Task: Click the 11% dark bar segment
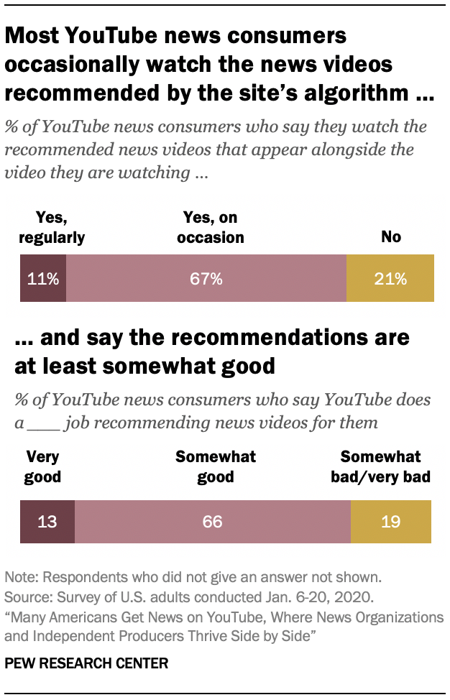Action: tap(43, 278)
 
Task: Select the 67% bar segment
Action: tap(206, 278)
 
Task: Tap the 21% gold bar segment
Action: tap(390, 278)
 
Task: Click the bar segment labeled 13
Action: tap(47, 520)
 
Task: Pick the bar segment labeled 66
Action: tap(212, 520)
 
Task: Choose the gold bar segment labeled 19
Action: tap(390, 520)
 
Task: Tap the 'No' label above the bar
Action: tap(391, 236)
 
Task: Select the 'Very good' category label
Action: tap(42, 466)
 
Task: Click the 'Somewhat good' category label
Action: tap(216, 466)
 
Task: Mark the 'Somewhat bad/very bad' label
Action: tap(385, 466)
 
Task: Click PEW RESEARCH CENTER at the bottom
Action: tap(86, 663)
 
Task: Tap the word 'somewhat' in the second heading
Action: tap(159, 365)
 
